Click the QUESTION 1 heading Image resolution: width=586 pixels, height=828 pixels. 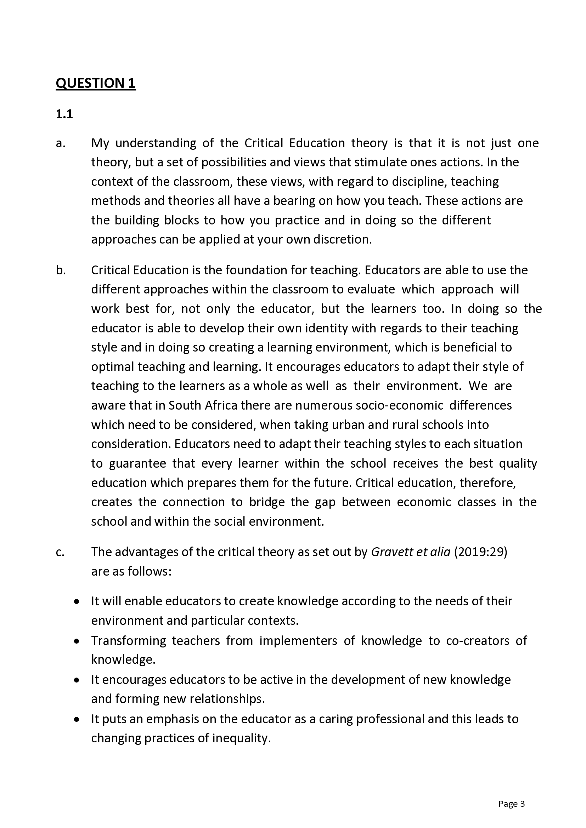click(x=96, y=83)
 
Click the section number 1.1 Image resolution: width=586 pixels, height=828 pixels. click(x=64, y=114)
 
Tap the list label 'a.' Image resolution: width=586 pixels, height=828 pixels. click(x=60, y=143)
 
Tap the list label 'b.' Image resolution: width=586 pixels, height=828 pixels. click(x=61, y=270)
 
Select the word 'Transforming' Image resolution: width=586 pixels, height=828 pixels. click(x=129, y=641)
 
